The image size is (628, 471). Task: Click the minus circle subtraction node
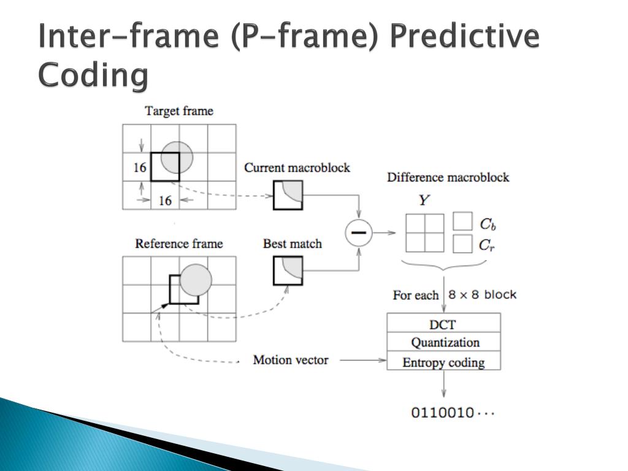point(359,233)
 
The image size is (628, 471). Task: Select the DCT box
point(443,323)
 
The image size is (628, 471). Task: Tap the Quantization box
point(443,342)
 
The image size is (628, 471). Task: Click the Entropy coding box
point(443,362)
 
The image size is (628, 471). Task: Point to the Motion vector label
point(291,360)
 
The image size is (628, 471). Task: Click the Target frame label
point(179,111)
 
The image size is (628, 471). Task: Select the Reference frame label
point(179,243)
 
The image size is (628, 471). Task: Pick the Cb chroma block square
point(462,221)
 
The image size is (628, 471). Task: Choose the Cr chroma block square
point(462,243)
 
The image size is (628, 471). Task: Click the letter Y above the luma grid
point(423,200)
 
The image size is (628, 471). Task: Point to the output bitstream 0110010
point(452,412)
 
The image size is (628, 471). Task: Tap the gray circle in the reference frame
point(196,280)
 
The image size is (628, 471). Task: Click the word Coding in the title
point(93,76)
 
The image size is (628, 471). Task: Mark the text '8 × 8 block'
point(482,294)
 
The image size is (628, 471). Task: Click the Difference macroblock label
point(448,178)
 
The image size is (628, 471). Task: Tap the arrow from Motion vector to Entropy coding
point(362,360)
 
